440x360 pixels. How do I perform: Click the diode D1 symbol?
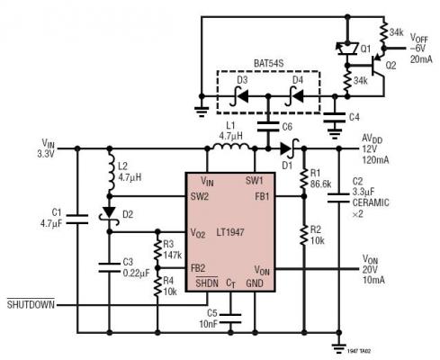pos(286,149)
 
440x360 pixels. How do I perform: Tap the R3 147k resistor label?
pos(171,248)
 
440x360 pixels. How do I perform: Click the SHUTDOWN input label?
pos(31,303)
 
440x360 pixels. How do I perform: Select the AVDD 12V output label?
pos(373,144)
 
